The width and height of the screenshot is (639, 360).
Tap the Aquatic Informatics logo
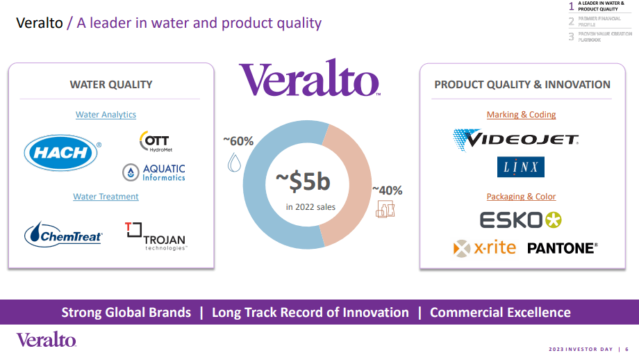153,172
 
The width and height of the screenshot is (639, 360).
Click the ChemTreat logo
63,234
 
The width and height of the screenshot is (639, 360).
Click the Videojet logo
515,139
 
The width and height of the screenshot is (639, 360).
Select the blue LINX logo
520,167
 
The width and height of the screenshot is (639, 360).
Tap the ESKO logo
520,220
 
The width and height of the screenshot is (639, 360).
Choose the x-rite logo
485,247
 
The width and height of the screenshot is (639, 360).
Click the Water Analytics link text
106,115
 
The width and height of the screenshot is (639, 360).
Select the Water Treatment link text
106,197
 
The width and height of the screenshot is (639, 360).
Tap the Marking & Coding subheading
521,115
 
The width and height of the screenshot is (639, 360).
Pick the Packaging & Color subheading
521,197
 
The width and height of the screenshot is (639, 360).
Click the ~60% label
238,141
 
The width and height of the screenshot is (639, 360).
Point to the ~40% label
387,190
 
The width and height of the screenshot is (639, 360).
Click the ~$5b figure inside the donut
302,182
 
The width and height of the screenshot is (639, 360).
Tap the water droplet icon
234,163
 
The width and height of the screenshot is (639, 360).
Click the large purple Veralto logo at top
309,79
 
